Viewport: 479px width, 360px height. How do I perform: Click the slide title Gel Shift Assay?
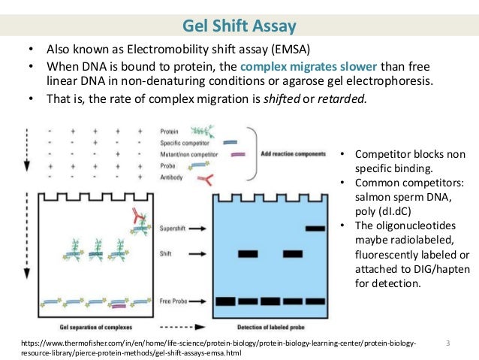239,28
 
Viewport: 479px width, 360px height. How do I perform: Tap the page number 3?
447,343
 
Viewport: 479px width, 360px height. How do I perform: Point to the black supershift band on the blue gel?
315,226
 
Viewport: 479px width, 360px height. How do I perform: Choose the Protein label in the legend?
172,130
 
